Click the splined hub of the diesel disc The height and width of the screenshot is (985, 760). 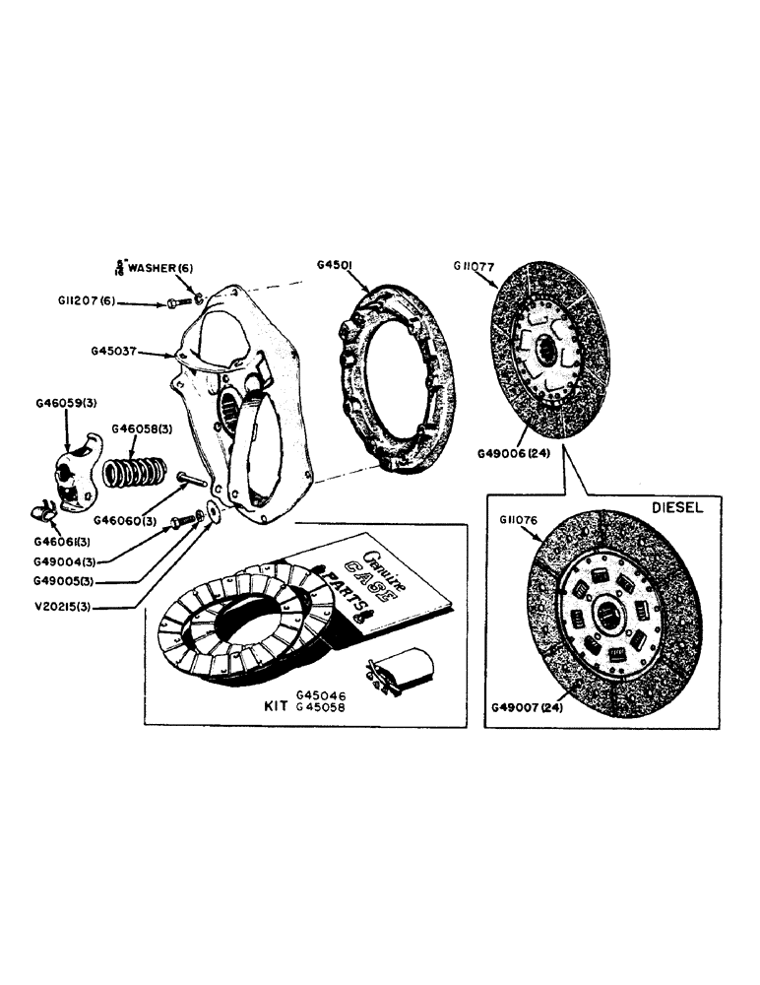click(602, 615)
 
